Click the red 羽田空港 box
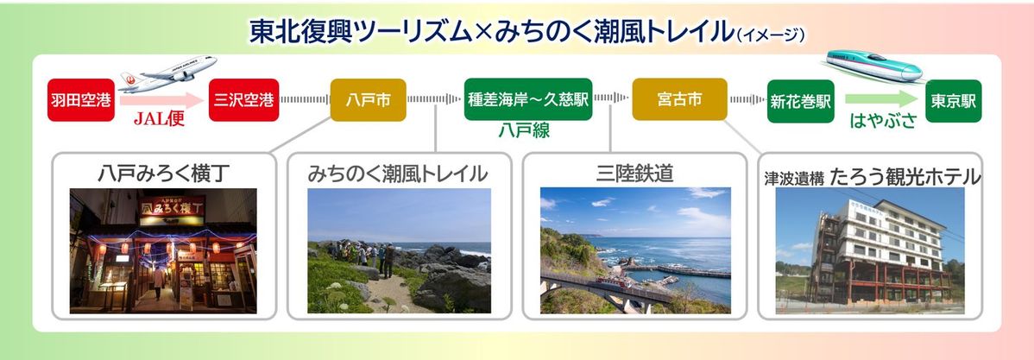click(80, 100)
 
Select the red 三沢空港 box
click(243, 100)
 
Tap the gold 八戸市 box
click(369, 100)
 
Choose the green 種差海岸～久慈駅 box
click(527, 100)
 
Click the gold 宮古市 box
click(679, 100)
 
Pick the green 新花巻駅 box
click(800, 100)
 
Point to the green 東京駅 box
click(953, 100)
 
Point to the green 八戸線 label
click(524, 130)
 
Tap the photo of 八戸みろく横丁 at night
click(163, 250)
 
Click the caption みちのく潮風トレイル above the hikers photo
click(398, 174)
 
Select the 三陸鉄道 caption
click(634, 174)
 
